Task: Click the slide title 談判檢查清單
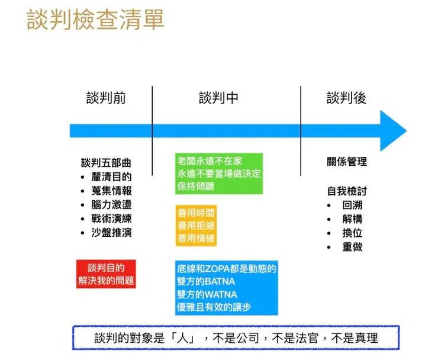tap(95, 20)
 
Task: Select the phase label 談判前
tap(106, 98)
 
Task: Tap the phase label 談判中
tap(218, 98)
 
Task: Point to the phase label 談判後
tap(346, 98)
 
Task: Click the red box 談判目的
tap(107, 274)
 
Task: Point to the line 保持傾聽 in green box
tap(195, 187)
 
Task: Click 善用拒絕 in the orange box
tap(195, 226)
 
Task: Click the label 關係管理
tap(347, 162)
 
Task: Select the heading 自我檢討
tap(347, 191)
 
